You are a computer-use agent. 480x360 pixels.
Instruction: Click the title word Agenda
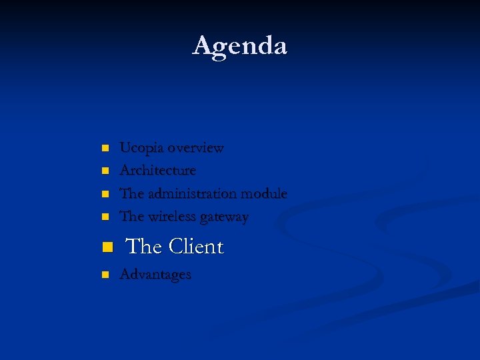(x=240, y=46)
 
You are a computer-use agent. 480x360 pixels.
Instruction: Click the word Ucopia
(x=141, y=148)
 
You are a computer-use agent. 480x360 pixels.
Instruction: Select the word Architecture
(x=158, y=171)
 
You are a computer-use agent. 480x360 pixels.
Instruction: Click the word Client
(x=196, y=247)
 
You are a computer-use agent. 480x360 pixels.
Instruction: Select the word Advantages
(x=155, y=275)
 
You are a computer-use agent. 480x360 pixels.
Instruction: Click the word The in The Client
(x=144, y=247)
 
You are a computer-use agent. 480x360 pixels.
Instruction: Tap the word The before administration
(x=131, y=194)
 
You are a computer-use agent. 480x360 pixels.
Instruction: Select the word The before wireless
(x=131, y=217)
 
